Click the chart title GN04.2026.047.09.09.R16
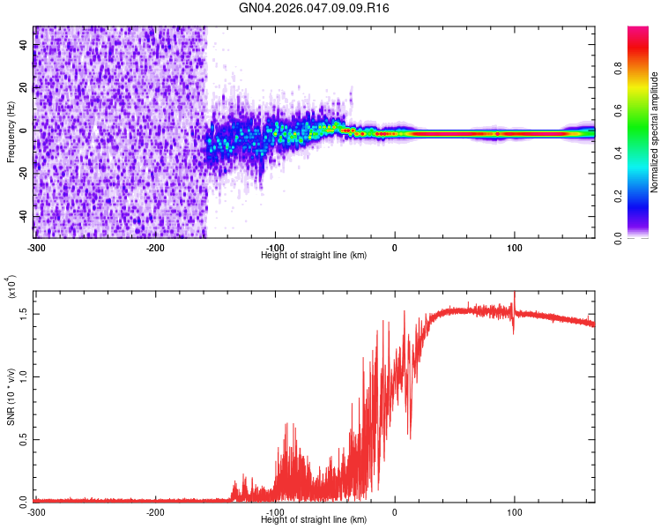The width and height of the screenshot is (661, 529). pos(315,8)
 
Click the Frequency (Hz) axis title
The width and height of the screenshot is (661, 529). pos(11,132)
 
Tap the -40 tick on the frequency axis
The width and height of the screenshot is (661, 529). pos(22,216)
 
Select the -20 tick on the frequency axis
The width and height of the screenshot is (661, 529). pos(22,173)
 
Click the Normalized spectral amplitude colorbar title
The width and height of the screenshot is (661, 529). pos(654,133)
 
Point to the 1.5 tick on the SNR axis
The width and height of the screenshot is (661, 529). pos(23,312)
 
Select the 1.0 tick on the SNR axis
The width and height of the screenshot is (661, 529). pos(23,376)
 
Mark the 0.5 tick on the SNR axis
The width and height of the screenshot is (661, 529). pos(23,438)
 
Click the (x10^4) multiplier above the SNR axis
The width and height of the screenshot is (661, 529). pos(11,287)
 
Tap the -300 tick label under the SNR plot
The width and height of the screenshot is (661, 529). pos(35,511)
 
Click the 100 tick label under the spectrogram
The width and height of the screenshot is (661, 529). pos(514,246)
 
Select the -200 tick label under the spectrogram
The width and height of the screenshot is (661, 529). pos(155,246)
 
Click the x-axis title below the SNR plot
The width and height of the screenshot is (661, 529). pos(314,520)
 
